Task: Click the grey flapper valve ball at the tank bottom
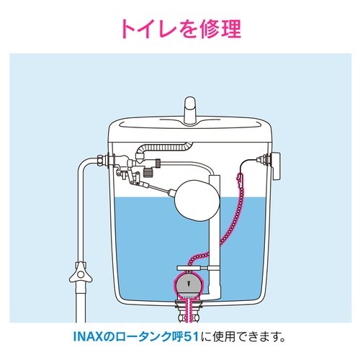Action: (x=189, y=282)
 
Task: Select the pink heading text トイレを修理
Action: (x=180, y=29)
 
